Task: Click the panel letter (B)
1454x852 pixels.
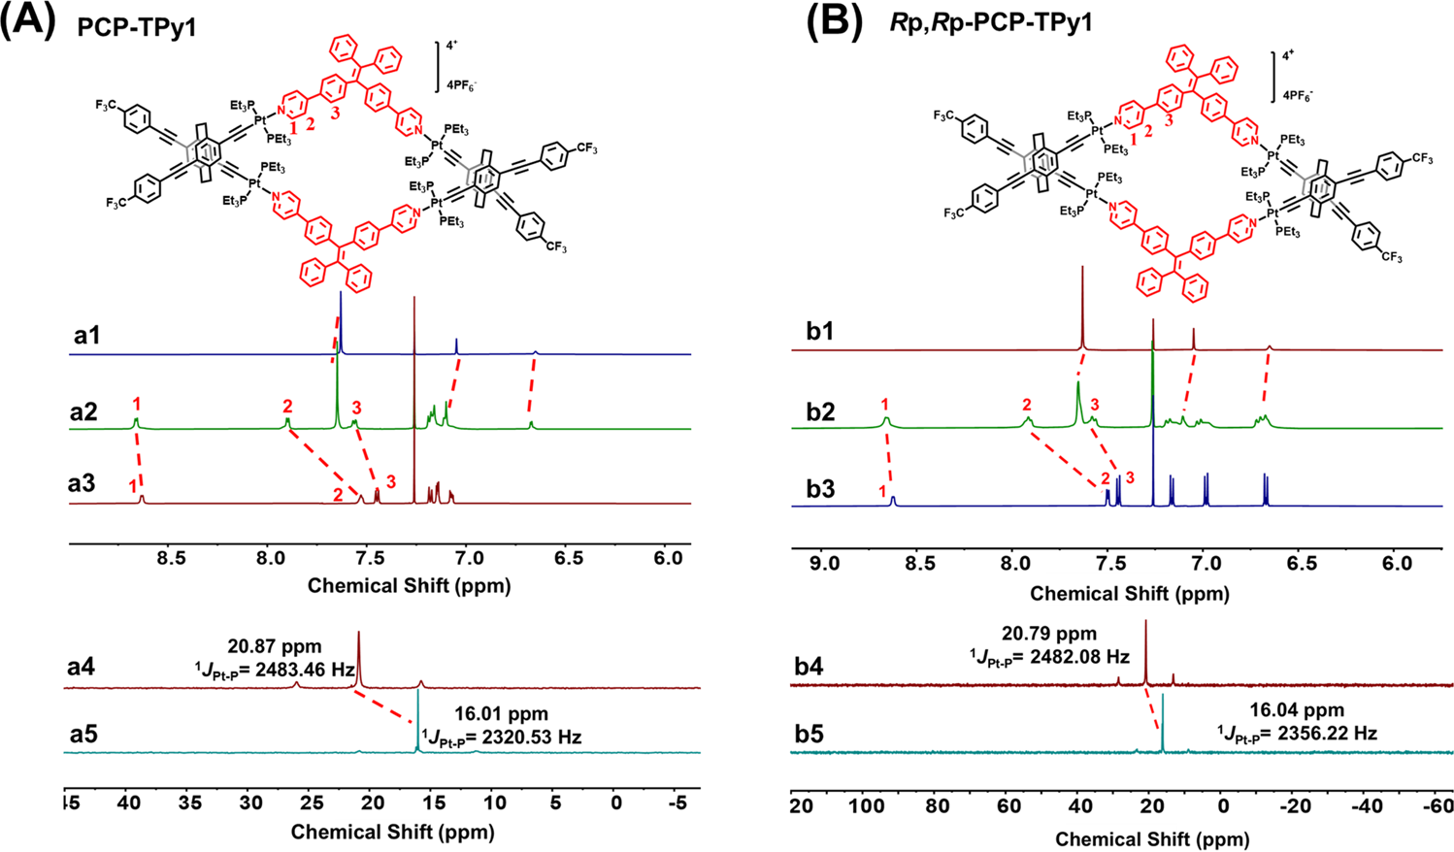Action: pos(835,21)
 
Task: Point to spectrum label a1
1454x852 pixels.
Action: pos(88,337)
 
